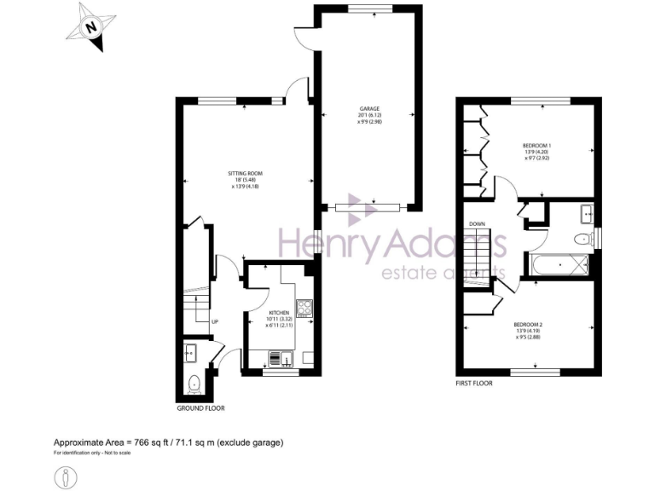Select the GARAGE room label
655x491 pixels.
tap(368, 110)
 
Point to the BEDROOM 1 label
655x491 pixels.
tap(536, 146)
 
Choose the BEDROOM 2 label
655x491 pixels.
tap(527, 325)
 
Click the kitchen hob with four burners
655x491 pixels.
tap(304, 306)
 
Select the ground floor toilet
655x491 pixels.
tap(194, 384)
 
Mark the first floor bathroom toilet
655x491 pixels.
tap(583, 239)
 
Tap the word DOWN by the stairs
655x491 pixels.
tap(477, 224)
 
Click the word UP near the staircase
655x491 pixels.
tap(214, 321)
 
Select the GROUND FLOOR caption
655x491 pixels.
tap(200, 408)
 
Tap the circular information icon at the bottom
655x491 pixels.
tap(66, 477)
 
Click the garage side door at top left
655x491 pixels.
tap(301, 38)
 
